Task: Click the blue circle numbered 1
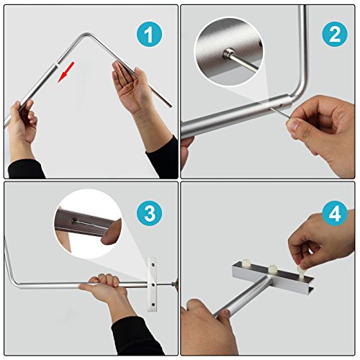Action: (x=149, y=34)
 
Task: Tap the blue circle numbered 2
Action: (x=335, y=34)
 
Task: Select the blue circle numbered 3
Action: (x=149, y=213)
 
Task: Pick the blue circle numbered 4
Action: (x=335, y=213)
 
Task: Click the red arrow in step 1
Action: (x=66, y=72)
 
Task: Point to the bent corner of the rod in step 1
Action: (x=88, y=35)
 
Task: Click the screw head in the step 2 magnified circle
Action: (x=228, y=53)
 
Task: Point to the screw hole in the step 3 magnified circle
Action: (x=75, y=220)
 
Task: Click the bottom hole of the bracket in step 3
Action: (x=153, y=305)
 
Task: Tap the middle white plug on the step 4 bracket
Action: (x=272, y=269)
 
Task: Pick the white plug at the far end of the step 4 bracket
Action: (x=246, y=263)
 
